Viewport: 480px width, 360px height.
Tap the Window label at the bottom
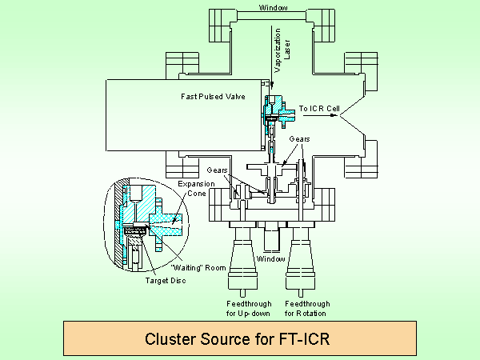pyautogui.click(x=271, y=259)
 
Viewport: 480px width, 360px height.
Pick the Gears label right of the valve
pyautogui.click(x=299, y=138)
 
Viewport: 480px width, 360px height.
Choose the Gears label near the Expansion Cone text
pyautogui.click(x=218, y=170)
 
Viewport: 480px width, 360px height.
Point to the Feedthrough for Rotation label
pyautogui.click(x=306, y=309)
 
